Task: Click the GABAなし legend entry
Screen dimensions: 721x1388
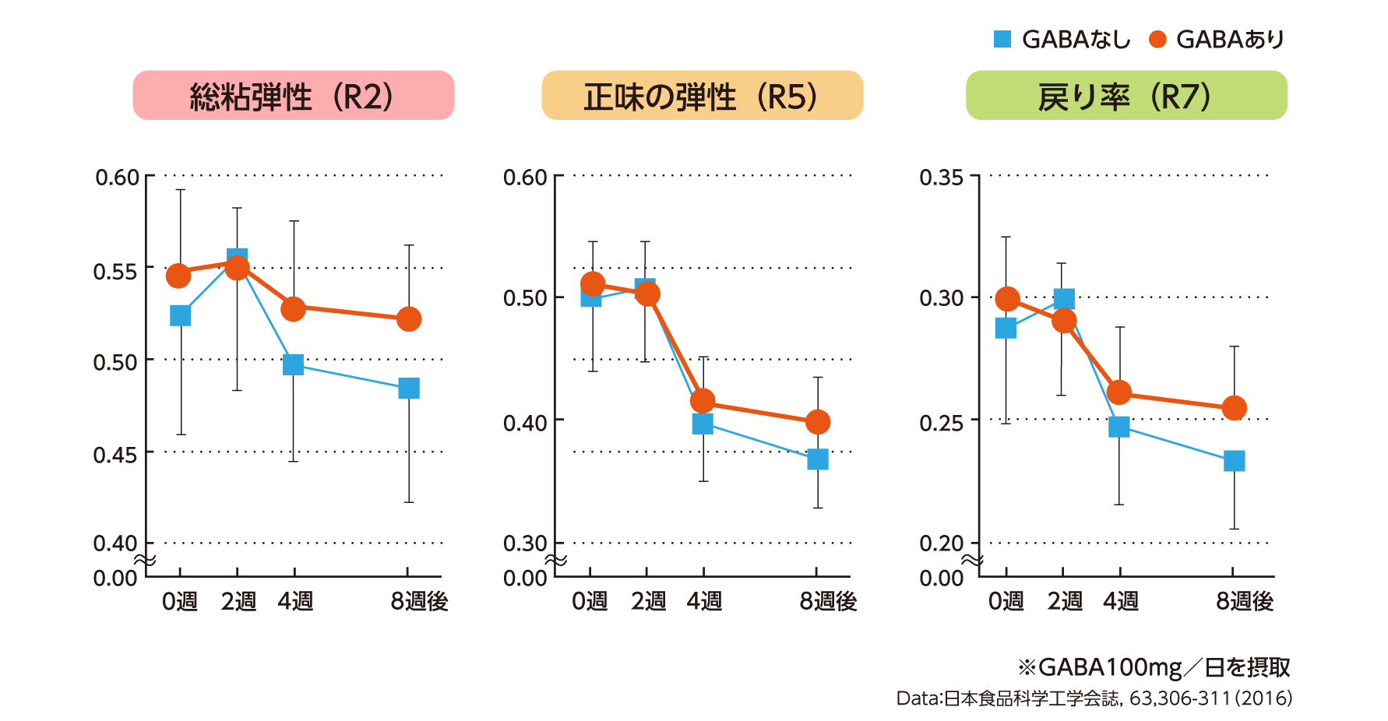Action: pyautogui.click(x=1062, y=39)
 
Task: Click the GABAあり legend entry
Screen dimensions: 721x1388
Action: pyautogui.click(x=1217, y=39)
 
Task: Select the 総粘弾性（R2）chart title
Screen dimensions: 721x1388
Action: pyautogui.click(x=294, y=96)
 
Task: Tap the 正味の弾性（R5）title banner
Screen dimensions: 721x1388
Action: pyautogui.click(x=702, y=96)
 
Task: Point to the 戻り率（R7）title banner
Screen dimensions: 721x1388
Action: pyautogui.click(x=1126, y=96)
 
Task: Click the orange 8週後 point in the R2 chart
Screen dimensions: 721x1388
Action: pyautogui.click(x=409, y=319)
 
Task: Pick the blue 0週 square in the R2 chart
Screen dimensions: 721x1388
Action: pyautogui.click(x=180, y=315)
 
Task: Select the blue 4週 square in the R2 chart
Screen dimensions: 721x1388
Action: pyautogui.click(x=293, y=364)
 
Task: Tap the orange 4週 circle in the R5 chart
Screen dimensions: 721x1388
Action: pyautogui.click(x=703, y=401)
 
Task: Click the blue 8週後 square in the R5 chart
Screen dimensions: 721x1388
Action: pyautogui.click(x=817, y=459)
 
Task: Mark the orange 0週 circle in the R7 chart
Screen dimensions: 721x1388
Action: pyautogui.click(x=1007, y=299)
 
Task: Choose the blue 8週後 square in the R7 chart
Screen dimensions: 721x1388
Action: pyautogui.click(x=1234, y=461)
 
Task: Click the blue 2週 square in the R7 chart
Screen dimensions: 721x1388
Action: pyautogui.click(x=1064, y=299)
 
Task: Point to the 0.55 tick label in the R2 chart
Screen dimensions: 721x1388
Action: pyautogui.click(x=115, y=272)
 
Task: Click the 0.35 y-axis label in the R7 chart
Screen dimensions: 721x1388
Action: pyautogui.click(x=941, y=178)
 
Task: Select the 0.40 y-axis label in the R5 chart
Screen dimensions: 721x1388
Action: pyautogui.click(x=525, y=423)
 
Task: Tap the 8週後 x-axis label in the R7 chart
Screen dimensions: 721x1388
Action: pyautogui.click(x=1244, y=601)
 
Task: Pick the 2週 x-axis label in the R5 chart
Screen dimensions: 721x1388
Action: pyautogui.click(x=648, y=601)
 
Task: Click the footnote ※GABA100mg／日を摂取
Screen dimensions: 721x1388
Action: pyautogui.click(x=1154, y=667)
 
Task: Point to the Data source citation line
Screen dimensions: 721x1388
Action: pyautogui.click(x=1094, y=698)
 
